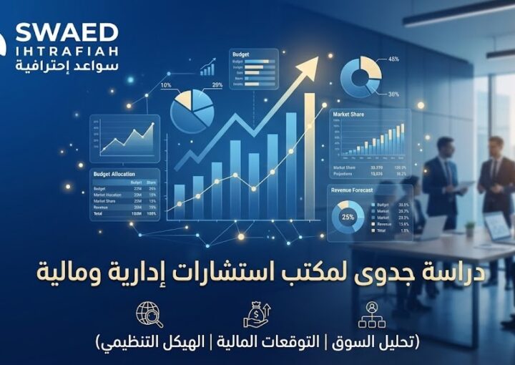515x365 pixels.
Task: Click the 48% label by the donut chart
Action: (x=393, y=59)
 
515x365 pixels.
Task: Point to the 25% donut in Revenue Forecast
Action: (x=348, y=216)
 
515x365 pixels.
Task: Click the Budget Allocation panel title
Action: (x=117, y=174)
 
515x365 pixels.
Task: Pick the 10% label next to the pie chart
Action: (x=166, y=86)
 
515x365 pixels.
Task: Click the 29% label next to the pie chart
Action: (x=217, y=86)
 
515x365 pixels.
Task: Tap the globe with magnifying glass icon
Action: (x=149, y=315)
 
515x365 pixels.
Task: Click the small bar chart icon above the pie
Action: (x=208, y=69)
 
